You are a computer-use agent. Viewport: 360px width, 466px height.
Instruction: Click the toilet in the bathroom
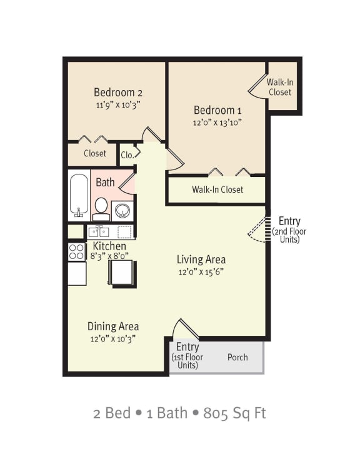(x=101, y=208)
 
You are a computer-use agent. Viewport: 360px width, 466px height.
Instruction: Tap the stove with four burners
(x=76, y=252)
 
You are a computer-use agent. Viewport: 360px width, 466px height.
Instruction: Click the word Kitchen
(x=109, y=246)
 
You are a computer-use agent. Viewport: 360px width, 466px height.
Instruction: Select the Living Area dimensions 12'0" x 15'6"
(x=201, y=271)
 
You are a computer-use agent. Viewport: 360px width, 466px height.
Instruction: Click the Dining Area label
(x=112, y=326)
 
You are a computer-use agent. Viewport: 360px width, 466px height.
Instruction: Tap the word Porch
(x=237, y=357)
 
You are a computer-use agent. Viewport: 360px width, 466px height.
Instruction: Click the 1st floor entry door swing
(x=185, y=329)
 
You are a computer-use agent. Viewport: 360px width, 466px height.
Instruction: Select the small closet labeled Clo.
(x=127, y=154)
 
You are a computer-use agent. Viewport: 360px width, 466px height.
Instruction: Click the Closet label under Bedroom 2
(x=95, y=153)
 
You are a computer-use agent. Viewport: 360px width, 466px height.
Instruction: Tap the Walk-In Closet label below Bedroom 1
(x=217, y=190)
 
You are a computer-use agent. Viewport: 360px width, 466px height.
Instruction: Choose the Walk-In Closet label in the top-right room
(x=279, y=87)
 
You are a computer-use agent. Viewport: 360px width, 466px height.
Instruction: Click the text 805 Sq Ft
(x=234, y=413)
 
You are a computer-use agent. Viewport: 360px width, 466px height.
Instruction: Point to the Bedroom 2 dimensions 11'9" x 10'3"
(x=118, y=105)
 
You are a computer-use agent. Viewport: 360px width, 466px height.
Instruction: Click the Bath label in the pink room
(x=105, y=183)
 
